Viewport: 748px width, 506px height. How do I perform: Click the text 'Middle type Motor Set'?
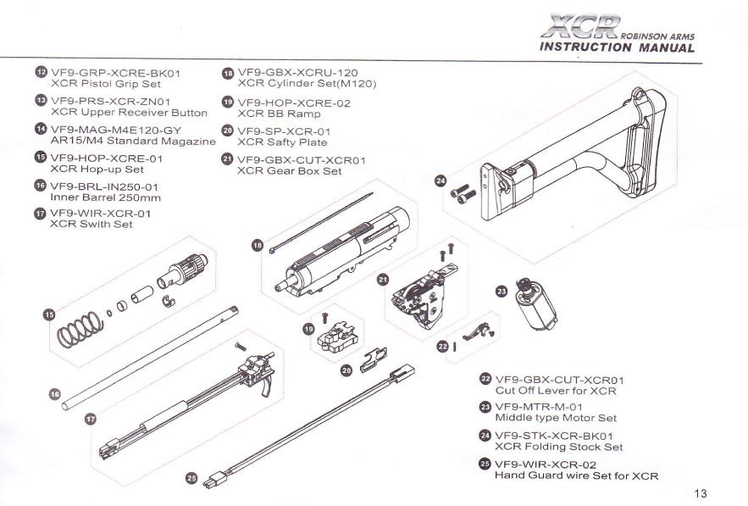point(555,418)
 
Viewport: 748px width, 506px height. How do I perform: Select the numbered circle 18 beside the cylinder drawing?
point(258,244)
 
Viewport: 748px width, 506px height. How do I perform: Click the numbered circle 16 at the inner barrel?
point(53,393)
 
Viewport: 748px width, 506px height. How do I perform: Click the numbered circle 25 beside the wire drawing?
point(192,477)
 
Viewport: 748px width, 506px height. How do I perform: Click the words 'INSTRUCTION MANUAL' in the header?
point(617,47)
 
